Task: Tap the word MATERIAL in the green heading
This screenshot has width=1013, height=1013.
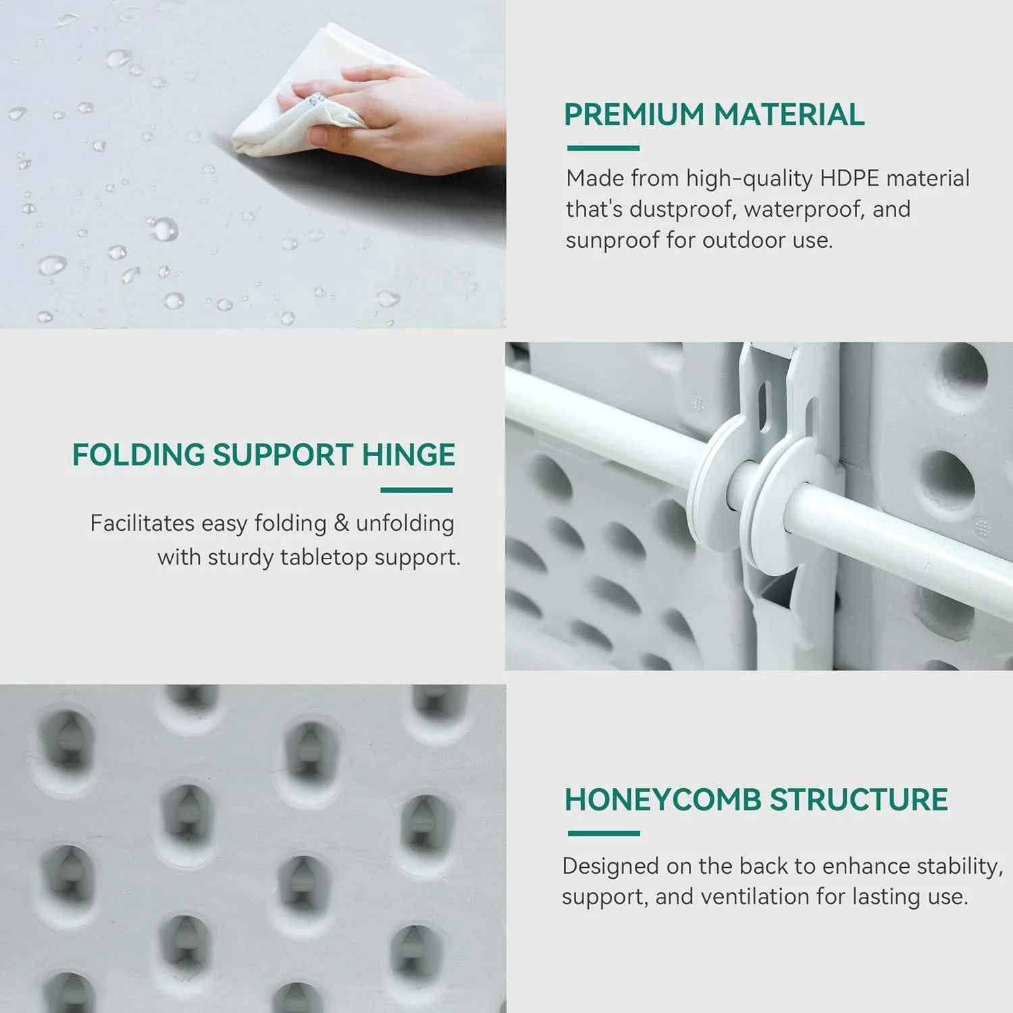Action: tap(789, 114)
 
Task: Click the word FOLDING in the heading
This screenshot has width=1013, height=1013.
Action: tap(138, 454)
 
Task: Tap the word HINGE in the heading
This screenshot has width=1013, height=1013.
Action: tap(408, 454)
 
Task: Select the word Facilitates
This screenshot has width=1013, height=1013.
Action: tap(142, 523)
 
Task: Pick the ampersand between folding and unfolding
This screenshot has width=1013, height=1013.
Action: tap(341, 523)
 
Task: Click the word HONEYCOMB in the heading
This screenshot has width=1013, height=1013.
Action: tap(663, 800)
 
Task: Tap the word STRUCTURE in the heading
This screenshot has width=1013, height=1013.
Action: tap(859, 800)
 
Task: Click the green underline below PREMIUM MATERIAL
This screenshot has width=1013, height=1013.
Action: tap(603, 148)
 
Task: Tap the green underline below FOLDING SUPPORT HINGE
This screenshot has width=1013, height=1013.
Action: tap(417, 490)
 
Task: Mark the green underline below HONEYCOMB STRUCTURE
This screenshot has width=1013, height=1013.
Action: tap(604, 833)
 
